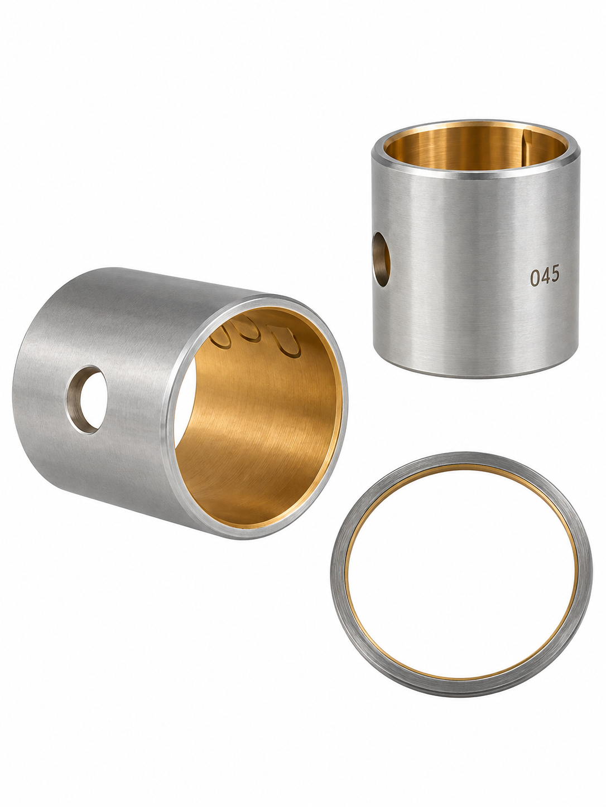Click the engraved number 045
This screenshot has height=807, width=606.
tap(545, 275)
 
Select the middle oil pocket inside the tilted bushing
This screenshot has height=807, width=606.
tap(249, 331)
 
